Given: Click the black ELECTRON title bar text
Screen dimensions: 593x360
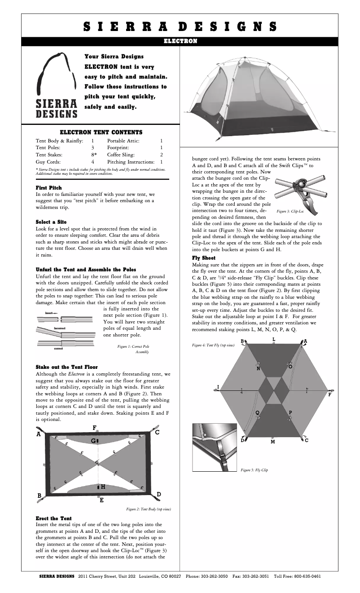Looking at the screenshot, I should (x=180, y=41).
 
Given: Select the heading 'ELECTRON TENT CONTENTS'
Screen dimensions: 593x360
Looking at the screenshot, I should (x=101, y=132).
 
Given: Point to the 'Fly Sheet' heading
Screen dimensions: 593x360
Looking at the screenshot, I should (x=204, y=258).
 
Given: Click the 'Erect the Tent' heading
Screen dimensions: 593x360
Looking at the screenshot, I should (x=53, y=518).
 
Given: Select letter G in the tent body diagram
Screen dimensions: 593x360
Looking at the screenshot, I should (x=93, y=441).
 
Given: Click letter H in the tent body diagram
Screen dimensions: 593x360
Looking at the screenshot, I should (x=103, y=487).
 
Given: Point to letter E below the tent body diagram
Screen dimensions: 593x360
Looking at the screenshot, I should (x=101, y=500).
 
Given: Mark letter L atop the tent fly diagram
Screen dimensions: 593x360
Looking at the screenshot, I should (x=274, y=339).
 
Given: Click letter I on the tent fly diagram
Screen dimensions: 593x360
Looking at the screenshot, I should (x=218, y=387).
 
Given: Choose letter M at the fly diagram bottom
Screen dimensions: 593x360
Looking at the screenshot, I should (x=273, y=442).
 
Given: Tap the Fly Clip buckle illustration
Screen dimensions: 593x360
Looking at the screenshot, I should (x=214, y=447).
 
